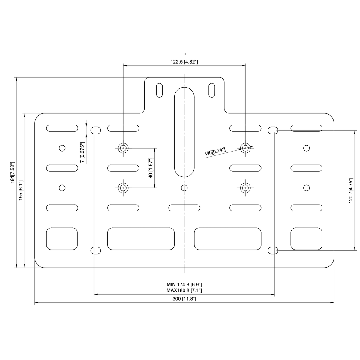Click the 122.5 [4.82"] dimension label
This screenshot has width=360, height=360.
[x=184, y=62]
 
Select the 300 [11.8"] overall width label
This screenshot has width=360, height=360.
[x=184, y=299]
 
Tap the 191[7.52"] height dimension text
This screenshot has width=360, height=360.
[x=13, y=172]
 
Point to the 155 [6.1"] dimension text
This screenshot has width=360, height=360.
[x=21, y=190]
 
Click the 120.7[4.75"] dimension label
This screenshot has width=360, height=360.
[x=351, y=190]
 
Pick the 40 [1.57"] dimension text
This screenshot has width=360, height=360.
[x=151, y=168]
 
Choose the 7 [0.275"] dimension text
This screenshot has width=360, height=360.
[x=82, y=152]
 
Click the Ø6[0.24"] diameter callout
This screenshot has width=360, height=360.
[x=215, y=151]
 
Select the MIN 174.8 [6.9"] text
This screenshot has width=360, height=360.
[x=184, y=284]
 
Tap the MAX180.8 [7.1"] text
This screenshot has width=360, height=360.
[x=184, y=290]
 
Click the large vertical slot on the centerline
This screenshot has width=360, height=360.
[x=184, y=132]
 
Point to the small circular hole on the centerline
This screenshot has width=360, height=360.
[x=184, y=188]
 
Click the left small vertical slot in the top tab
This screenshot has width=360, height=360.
[x=159, y=90]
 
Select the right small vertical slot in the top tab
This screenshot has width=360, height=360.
[x=212, y=90]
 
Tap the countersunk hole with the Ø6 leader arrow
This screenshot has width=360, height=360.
[x=245, y=148]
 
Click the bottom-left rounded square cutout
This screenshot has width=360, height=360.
[x=62, y=239]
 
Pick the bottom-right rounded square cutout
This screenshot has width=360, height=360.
[x=306, y=239]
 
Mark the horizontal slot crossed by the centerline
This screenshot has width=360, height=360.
[x=184, y=208]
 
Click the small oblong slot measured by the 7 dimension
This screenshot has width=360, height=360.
[x=96, y=130]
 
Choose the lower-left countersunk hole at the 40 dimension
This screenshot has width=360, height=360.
[x=123, y=188]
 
